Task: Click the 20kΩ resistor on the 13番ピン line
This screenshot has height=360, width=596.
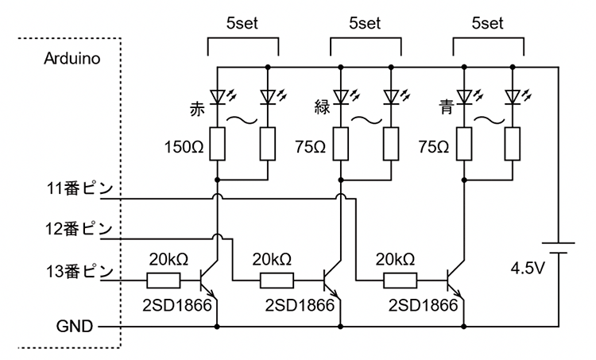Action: tap(163, 280)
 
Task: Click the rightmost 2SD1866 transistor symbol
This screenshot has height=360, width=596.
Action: tap(456, 280)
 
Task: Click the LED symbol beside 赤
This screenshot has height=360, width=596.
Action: tap(218, 98)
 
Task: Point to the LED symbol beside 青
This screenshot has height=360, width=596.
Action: tap(464, 98)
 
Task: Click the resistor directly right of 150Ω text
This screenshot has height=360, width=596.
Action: tap(218, 145)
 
